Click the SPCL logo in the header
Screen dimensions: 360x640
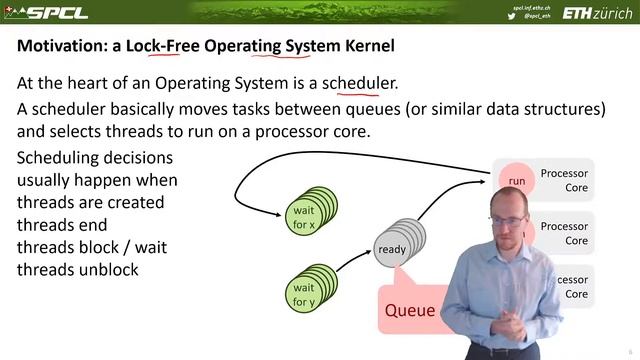pos(45,12)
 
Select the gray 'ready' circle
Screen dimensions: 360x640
pos(391,249)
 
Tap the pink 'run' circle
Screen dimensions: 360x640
pos(516,180)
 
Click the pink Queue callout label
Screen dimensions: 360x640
pos(410,310)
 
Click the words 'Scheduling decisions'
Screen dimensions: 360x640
pos(95,158)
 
